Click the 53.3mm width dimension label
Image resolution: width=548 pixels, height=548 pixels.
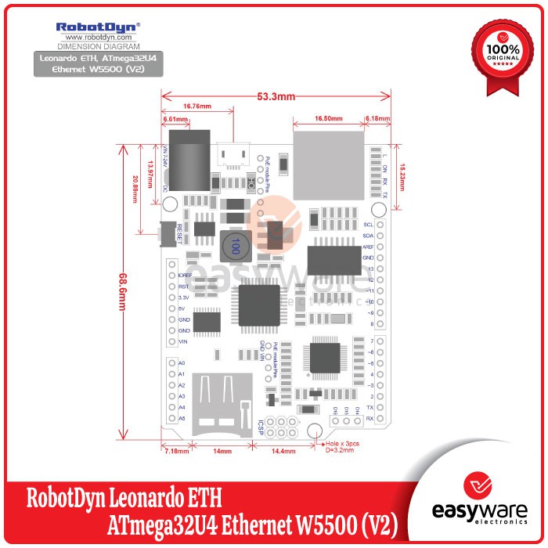click(276, 96)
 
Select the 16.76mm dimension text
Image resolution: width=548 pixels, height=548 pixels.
click(197, 106)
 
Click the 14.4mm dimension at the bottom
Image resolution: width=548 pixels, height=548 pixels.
click(283, 452)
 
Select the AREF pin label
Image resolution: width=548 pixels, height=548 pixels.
click(368, 246)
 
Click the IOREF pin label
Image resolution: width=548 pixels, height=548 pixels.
click(185, 276)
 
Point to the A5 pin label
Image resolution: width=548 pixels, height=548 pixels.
click(182, 418)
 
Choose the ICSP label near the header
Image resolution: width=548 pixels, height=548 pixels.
click(259, 428)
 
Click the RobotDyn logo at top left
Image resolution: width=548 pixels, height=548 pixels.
click(98, 26)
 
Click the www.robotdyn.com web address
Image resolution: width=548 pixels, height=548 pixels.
click(98, 37)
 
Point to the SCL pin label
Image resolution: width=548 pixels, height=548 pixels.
click(368, 224)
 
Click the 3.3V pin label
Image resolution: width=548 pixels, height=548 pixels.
click(185, 297)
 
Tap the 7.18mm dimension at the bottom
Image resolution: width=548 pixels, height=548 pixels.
click(175, 452)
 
